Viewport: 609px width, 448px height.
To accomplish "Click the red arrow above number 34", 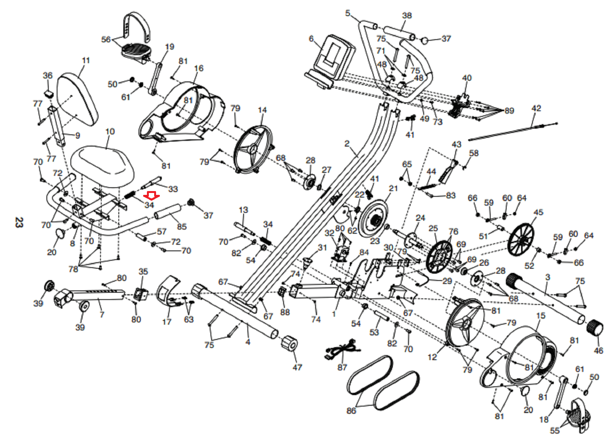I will click(x=151, y=196).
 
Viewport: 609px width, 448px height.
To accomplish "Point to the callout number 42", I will click(x=536, y=108).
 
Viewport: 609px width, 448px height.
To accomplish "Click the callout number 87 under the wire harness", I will click(x=342, y=367).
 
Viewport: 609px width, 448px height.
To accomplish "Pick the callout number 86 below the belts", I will click(x=351, y=411).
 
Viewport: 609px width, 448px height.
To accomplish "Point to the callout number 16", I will click(x=199, y=69).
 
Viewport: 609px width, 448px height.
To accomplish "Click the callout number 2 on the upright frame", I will click(x=347, y=144).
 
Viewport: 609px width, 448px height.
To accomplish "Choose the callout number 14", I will click(x=262, y=110).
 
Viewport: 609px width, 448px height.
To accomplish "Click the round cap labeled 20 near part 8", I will click(x=60, y=233).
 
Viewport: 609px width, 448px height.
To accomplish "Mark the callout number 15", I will click(x=540, y=316).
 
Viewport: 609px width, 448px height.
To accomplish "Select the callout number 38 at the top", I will click(x=407, y=16).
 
